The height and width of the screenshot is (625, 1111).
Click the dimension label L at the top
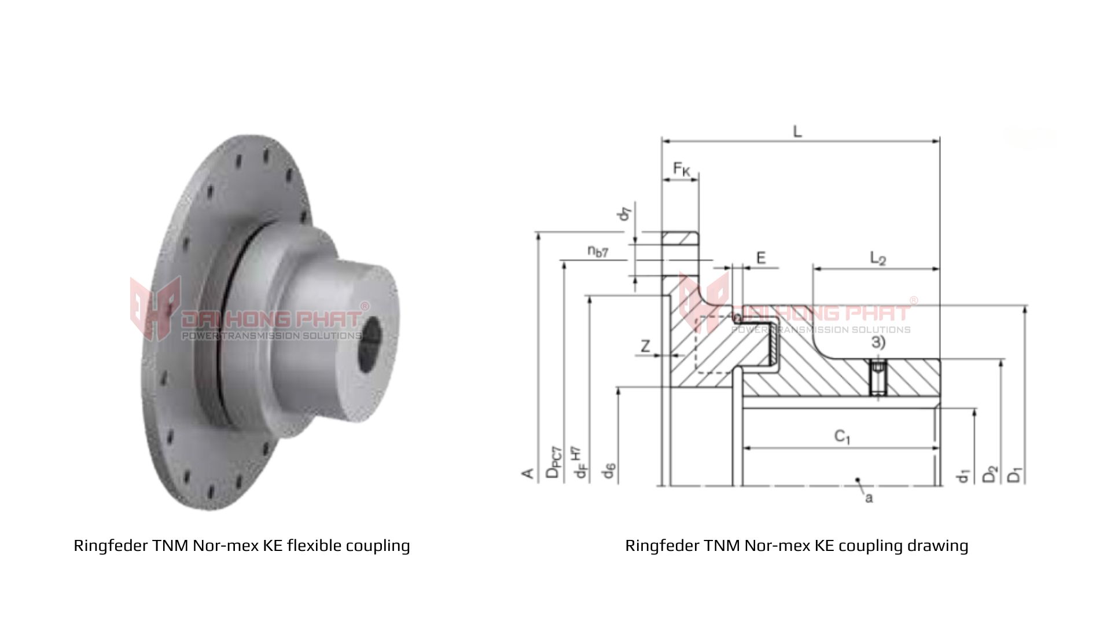pos(797,131)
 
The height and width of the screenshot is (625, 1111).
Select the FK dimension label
pos(681,169)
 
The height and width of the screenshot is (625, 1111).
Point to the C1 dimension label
pos(842,436)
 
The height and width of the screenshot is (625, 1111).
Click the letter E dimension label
pos(761,258)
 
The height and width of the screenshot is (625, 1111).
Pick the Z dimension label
pos(645,347)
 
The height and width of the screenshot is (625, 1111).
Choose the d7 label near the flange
pos(624,213)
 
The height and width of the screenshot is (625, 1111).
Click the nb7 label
pos(598,251)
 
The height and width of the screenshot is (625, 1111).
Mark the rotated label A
pos(528,473)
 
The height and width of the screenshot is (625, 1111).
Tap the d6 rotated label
pos(608,471)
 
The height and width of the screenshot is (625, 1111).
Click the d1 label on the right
pos(963,476)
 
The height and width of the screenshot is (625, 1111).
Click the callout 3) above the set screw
pos(878,343)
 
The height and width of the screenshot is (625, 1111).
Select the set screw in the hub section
pos(878,379)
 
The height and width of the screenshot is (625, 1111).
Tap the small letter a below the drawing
pos(869,498)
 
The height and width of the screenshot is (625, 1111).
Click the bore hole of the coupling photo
pos(371,344)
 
